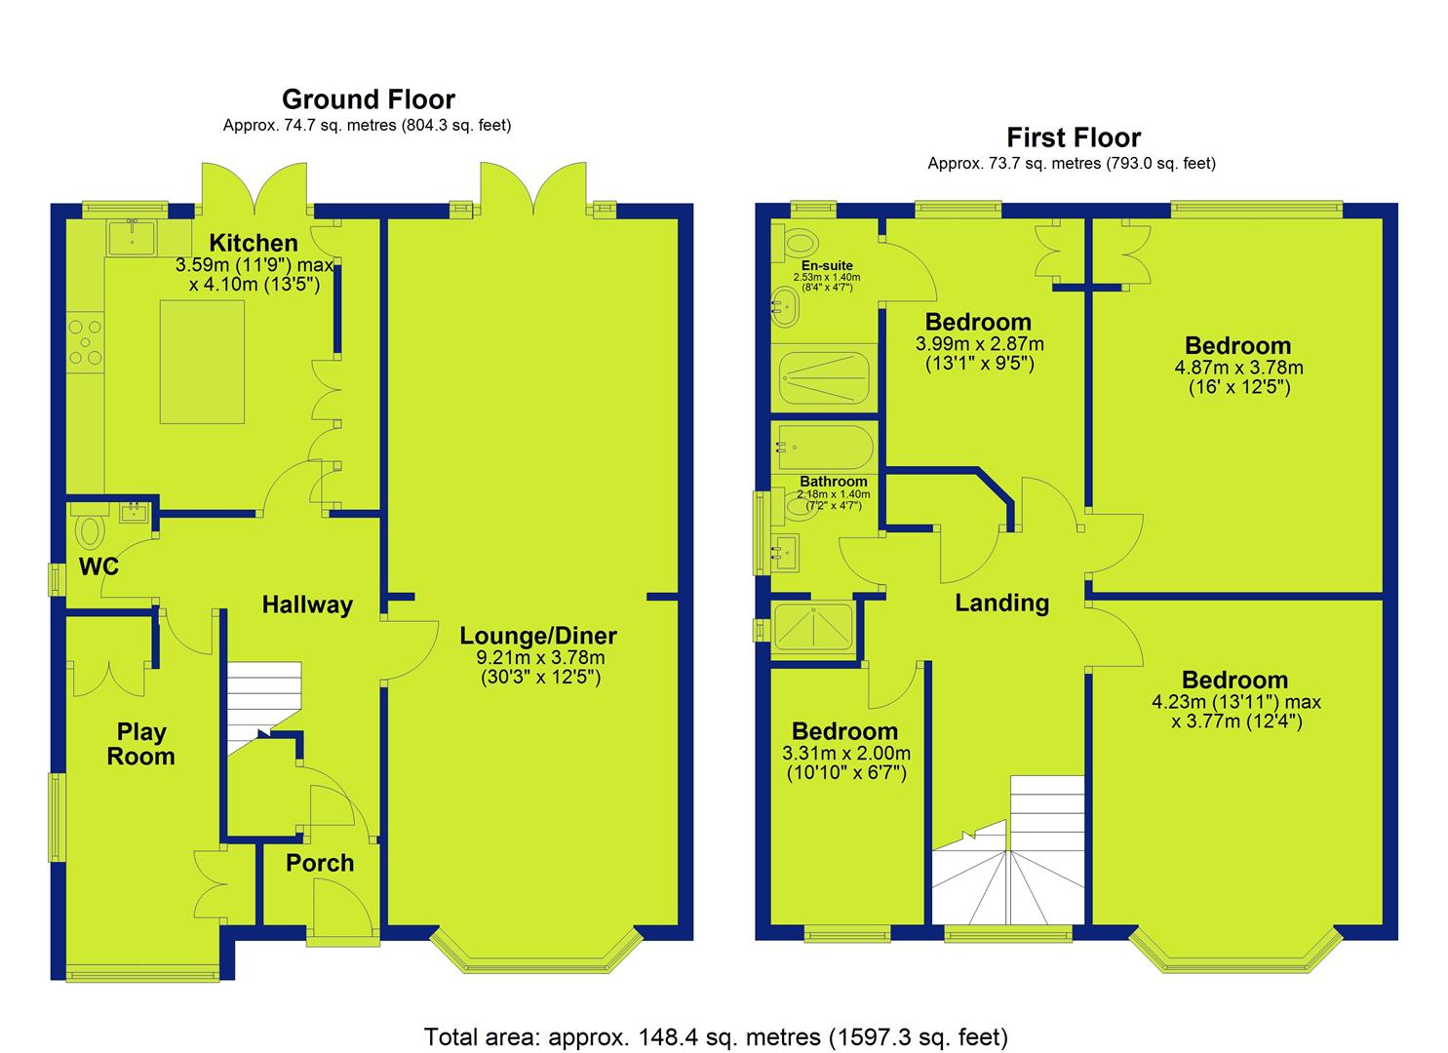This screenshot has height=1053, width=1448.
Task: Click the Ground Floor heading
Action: tap(369, 99)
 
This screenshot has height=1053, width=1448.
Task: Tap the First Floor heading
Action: tap(1074, 137)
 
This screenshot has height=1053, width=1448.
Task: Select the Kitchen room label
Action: tap(254, 243)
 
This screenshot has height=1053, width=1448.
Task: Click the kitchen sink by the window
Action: tap(132, 237)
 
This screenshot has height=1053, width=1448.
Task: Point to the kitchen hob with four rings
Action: tap(86, 342)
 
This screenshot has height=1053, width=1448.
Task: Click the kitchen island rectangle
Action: tap(203, 362)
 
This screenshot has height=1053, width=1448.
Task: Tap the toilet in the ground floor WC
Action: tap(89, 529)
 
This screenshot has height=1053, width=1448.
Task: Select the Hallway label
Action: tap(307, 605)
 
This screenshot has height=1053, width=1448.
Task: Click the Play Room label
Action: tap(141, 744)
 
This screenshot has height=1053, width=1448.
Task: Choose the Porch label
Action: tap(320, 863)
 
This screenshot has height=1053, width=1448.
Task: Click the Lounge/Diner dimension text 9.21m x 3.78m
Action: tap(540, 658)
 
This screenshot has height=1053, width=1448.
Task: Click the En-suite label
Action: tap(827, 265)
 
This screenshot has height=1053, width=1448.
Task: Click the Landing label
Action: tap(1002, 604)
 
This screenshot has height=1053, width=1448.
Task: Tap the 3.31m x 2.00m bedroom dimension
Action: tap(846, 753)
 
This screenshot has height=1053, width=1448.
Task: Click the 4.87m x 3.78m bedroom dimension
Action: tap(1238, 368)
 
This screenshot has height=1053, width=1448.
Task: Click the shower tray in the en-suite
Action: tap(824, 377)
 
